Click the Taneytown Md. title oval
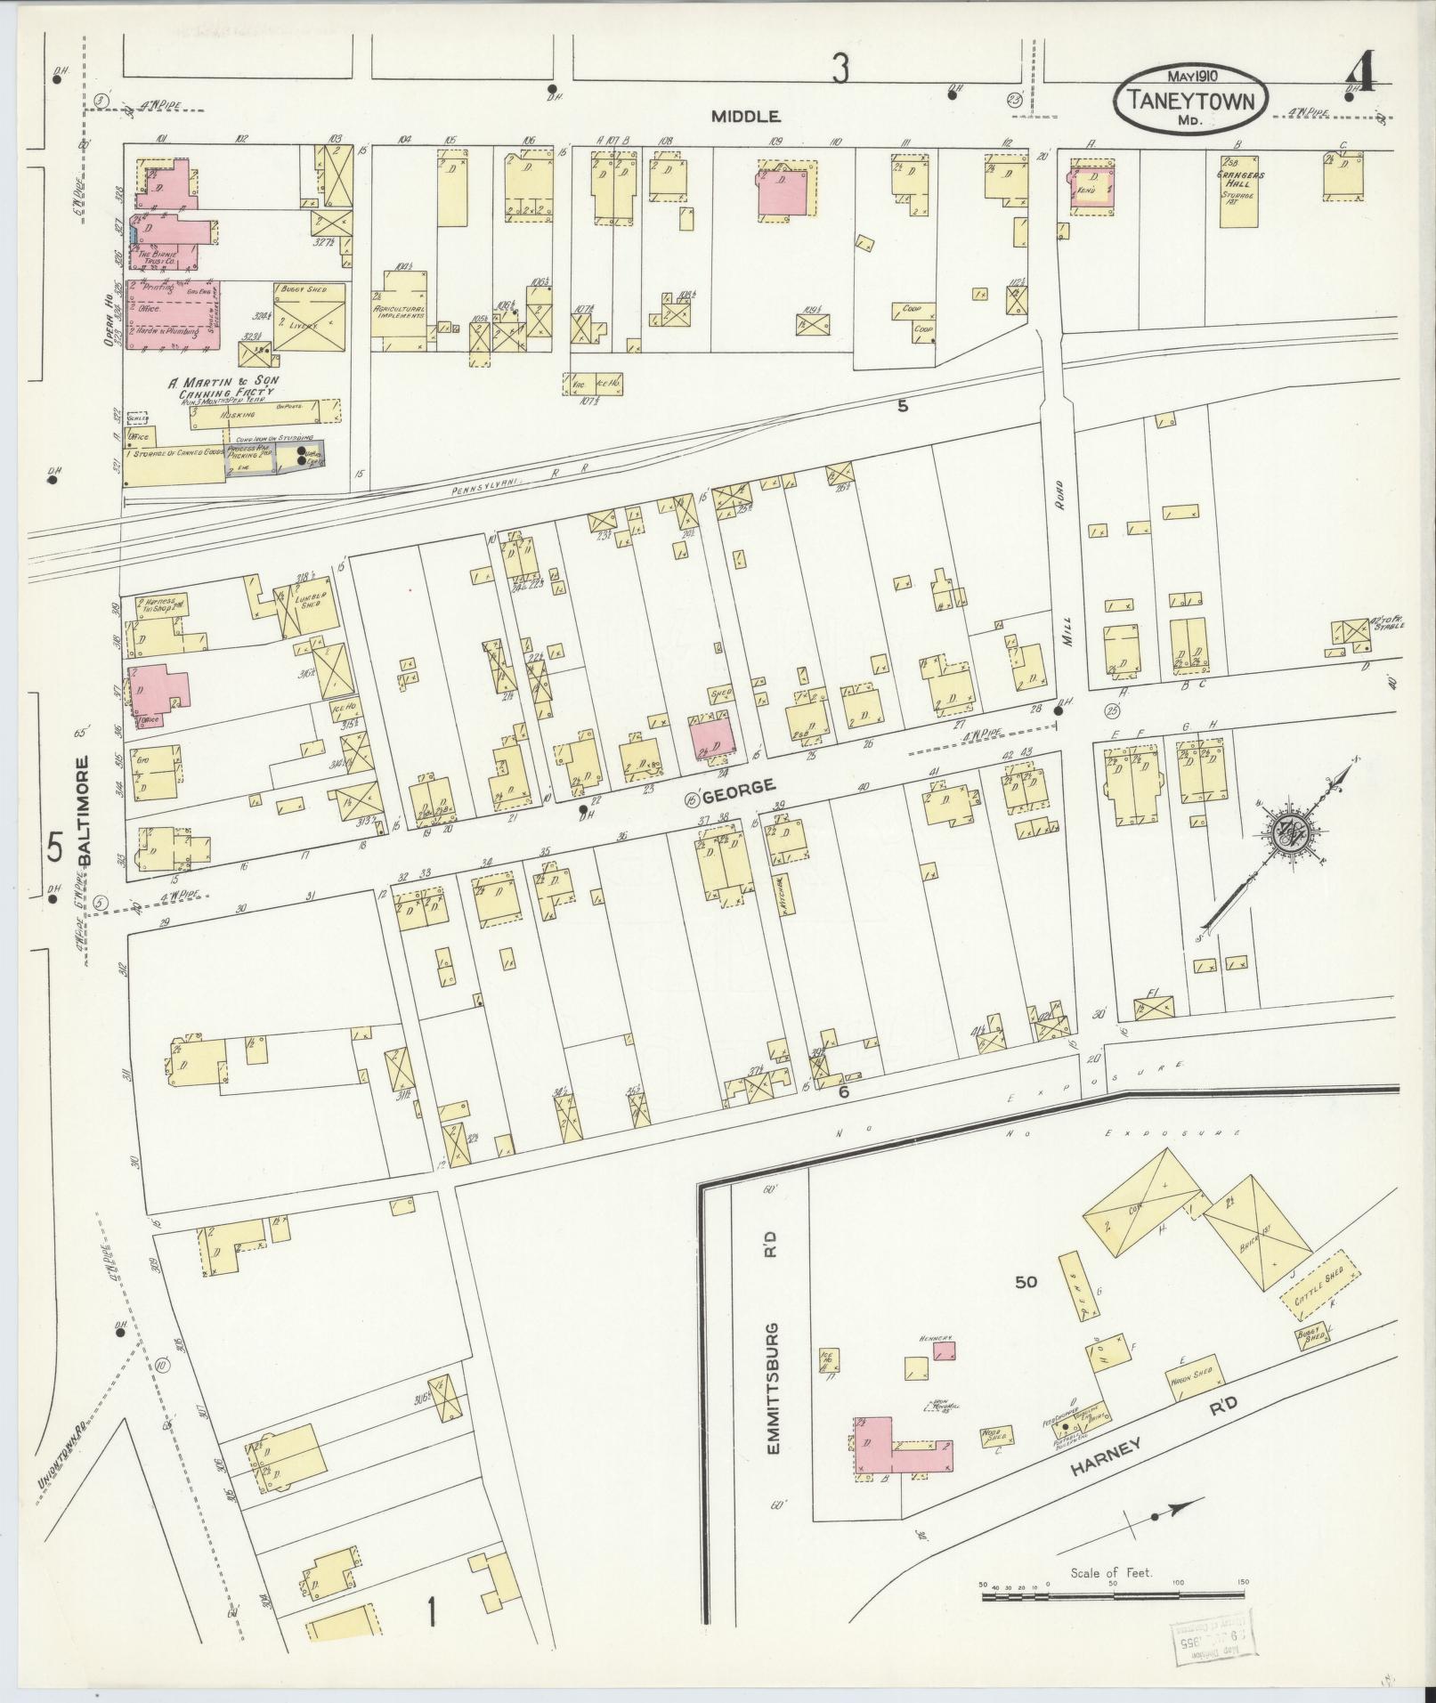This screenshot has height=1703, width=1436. pyautogui.click(x=1189, y=99)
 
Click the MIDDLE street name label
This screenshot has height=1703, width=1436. pyautogui.click(x=746, y=117)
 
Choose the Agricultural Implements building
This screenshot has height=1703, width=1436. pyautogui.click(x=398, y=305)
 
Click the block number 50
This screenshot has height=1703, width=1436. pyautogui.click(x=1026, y=1282)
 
